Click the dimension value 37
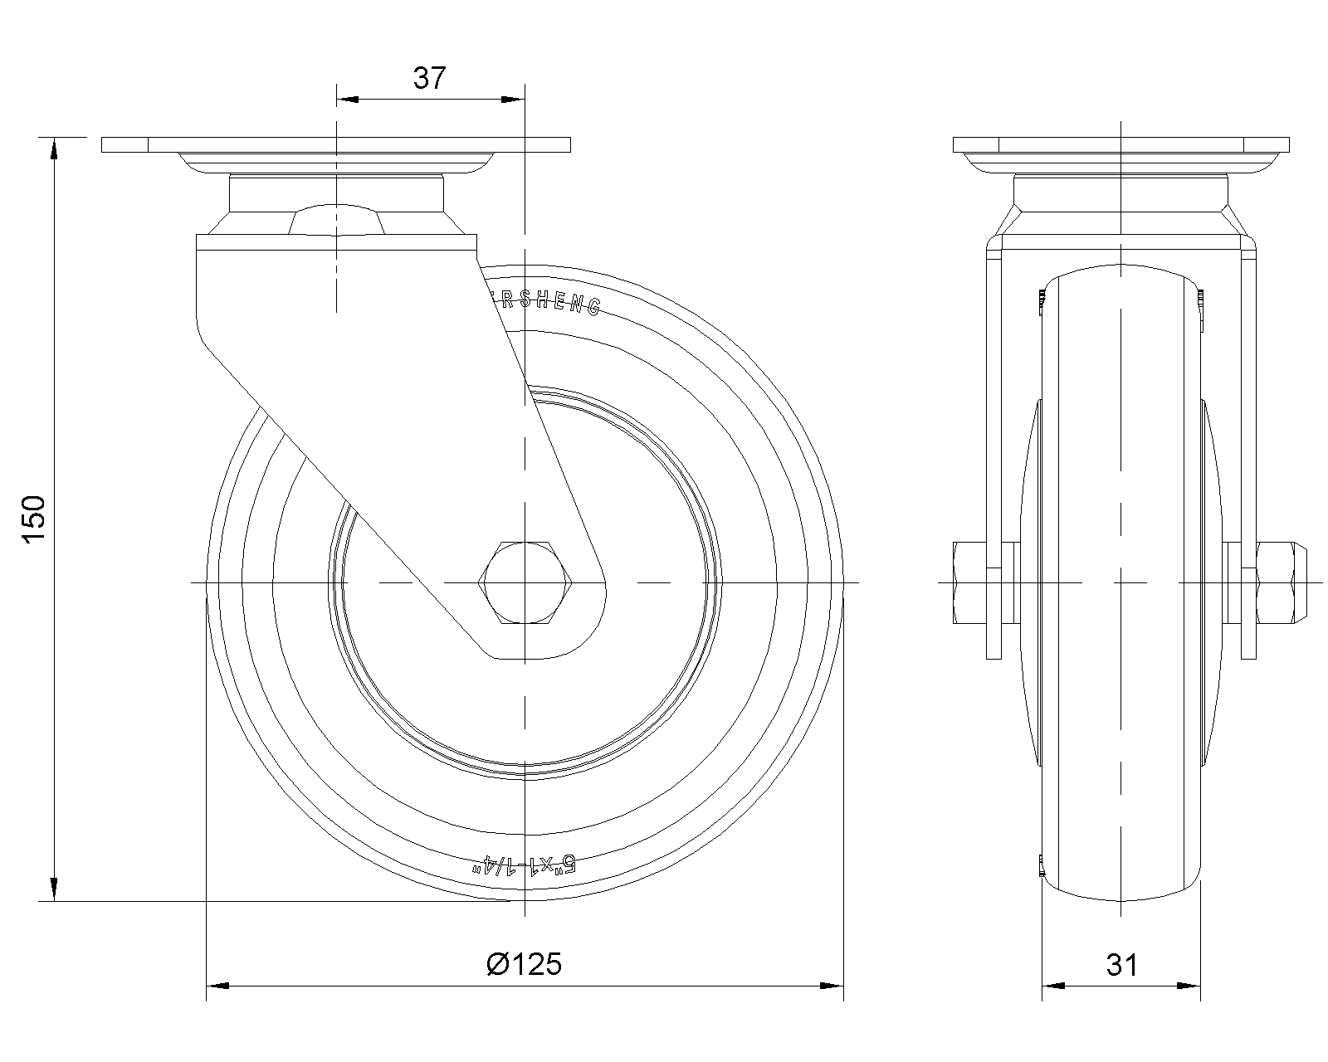click(430, 78)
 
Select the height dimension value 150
click(33, 519)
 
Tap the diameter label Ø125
click(524, 964)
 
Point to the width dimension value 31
click(1121, 964)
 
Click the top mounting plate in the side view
click(336, 144)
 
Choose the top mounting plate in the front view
click(1120, 144)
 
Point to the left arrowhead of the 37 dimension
click(347, 100)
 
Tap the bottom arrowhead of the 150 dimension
click(55, 889)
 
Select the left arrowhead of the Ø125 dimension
click(217, 986)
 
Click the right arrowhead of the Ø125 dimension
click(832, 986)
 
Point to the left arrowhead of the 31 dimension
click(1053, 986)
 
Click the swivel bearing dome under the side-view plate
click(336, 220)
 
